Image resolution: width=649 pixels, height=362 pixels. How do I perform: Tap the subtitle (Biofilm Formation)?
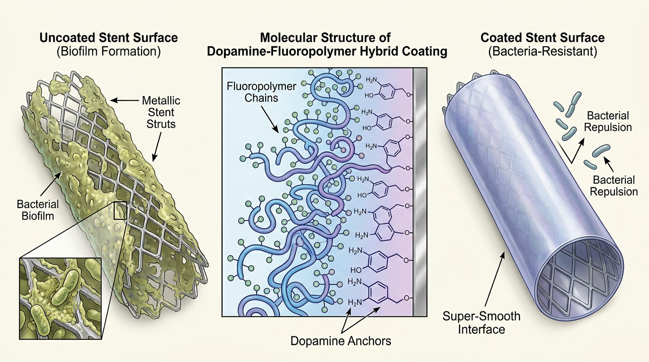108,51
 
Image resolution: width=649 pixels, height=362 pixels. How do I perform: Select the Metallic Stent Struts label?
161,112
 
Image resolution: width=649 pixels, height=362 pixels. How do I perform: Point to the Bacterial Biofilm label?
38,210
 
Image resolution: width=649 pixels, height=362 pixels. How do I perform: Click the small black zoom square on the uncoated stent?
119,210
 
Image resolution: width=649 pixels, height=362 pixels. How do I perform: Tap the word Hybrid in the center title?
375,51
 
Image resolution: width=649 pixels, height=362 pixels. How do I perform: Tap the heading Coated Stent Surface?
542,37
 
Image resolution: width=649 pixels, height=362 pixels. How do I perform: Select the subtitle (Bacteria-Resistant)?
542,51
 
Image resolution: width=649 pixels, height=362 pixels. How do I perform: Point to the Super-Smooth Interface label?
481,322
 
